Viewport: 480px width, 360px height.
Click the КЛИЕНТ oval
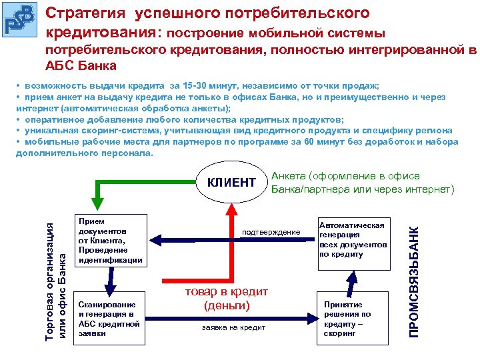point(231,183)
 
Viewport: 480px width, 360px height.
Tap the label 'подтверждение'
point(271,232)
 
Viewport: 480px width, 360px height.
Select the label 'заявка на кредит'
point(233,327)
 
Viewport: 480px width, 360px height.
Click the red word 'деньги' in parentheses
point(227,305)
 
